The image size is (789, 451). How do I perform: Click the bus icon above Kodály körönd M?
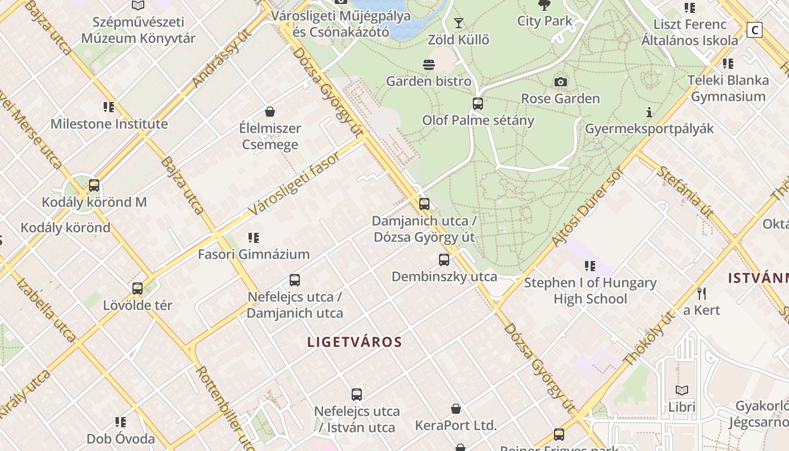[x=94, y=185]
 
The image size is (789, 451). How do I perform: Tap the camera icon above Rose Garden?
[x=560, y=82]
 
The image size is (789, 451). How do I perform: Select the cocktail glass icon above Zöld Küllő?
[x=459, y=23]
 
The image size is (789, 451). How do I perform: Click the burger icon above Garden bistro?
[x=429, y=65]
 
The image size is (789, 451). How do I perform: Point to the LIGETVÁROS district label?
[x=354, y=342]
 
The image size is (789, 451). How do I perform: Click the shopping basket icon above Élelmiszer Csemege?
[x=270, y=112]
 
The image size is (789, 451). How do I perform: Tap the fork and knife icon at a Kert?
[x=702, y=293]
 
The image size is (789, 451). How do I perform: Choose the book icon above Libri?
[x=682, y=390]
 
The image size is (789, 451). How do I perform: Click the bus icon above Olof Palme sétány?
[x=478, y=104]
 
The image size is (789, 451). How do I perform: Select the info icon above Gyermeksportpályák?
[x=649, y=112]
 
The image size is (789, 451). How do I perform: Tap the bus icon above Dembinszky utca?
[x=444, y=260]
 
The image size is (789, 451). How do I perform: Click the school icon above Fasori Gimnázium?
[x=254, y=238]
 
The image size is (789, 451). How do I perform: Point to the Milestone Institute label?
[x=109, y=124]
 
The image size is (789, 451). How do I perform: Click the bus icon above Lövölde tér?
[x=138, y=289]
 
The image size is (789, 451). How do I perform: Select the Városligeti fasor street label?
[x=294, y=183]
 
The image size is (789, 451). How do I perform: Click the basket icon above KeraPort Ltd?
[x=456, y=409]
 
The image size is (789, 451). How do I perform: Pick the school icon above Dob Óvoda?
[x=120, y=422]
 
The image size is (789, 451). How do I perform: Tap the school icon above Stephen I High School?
[x=590, y=266]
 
